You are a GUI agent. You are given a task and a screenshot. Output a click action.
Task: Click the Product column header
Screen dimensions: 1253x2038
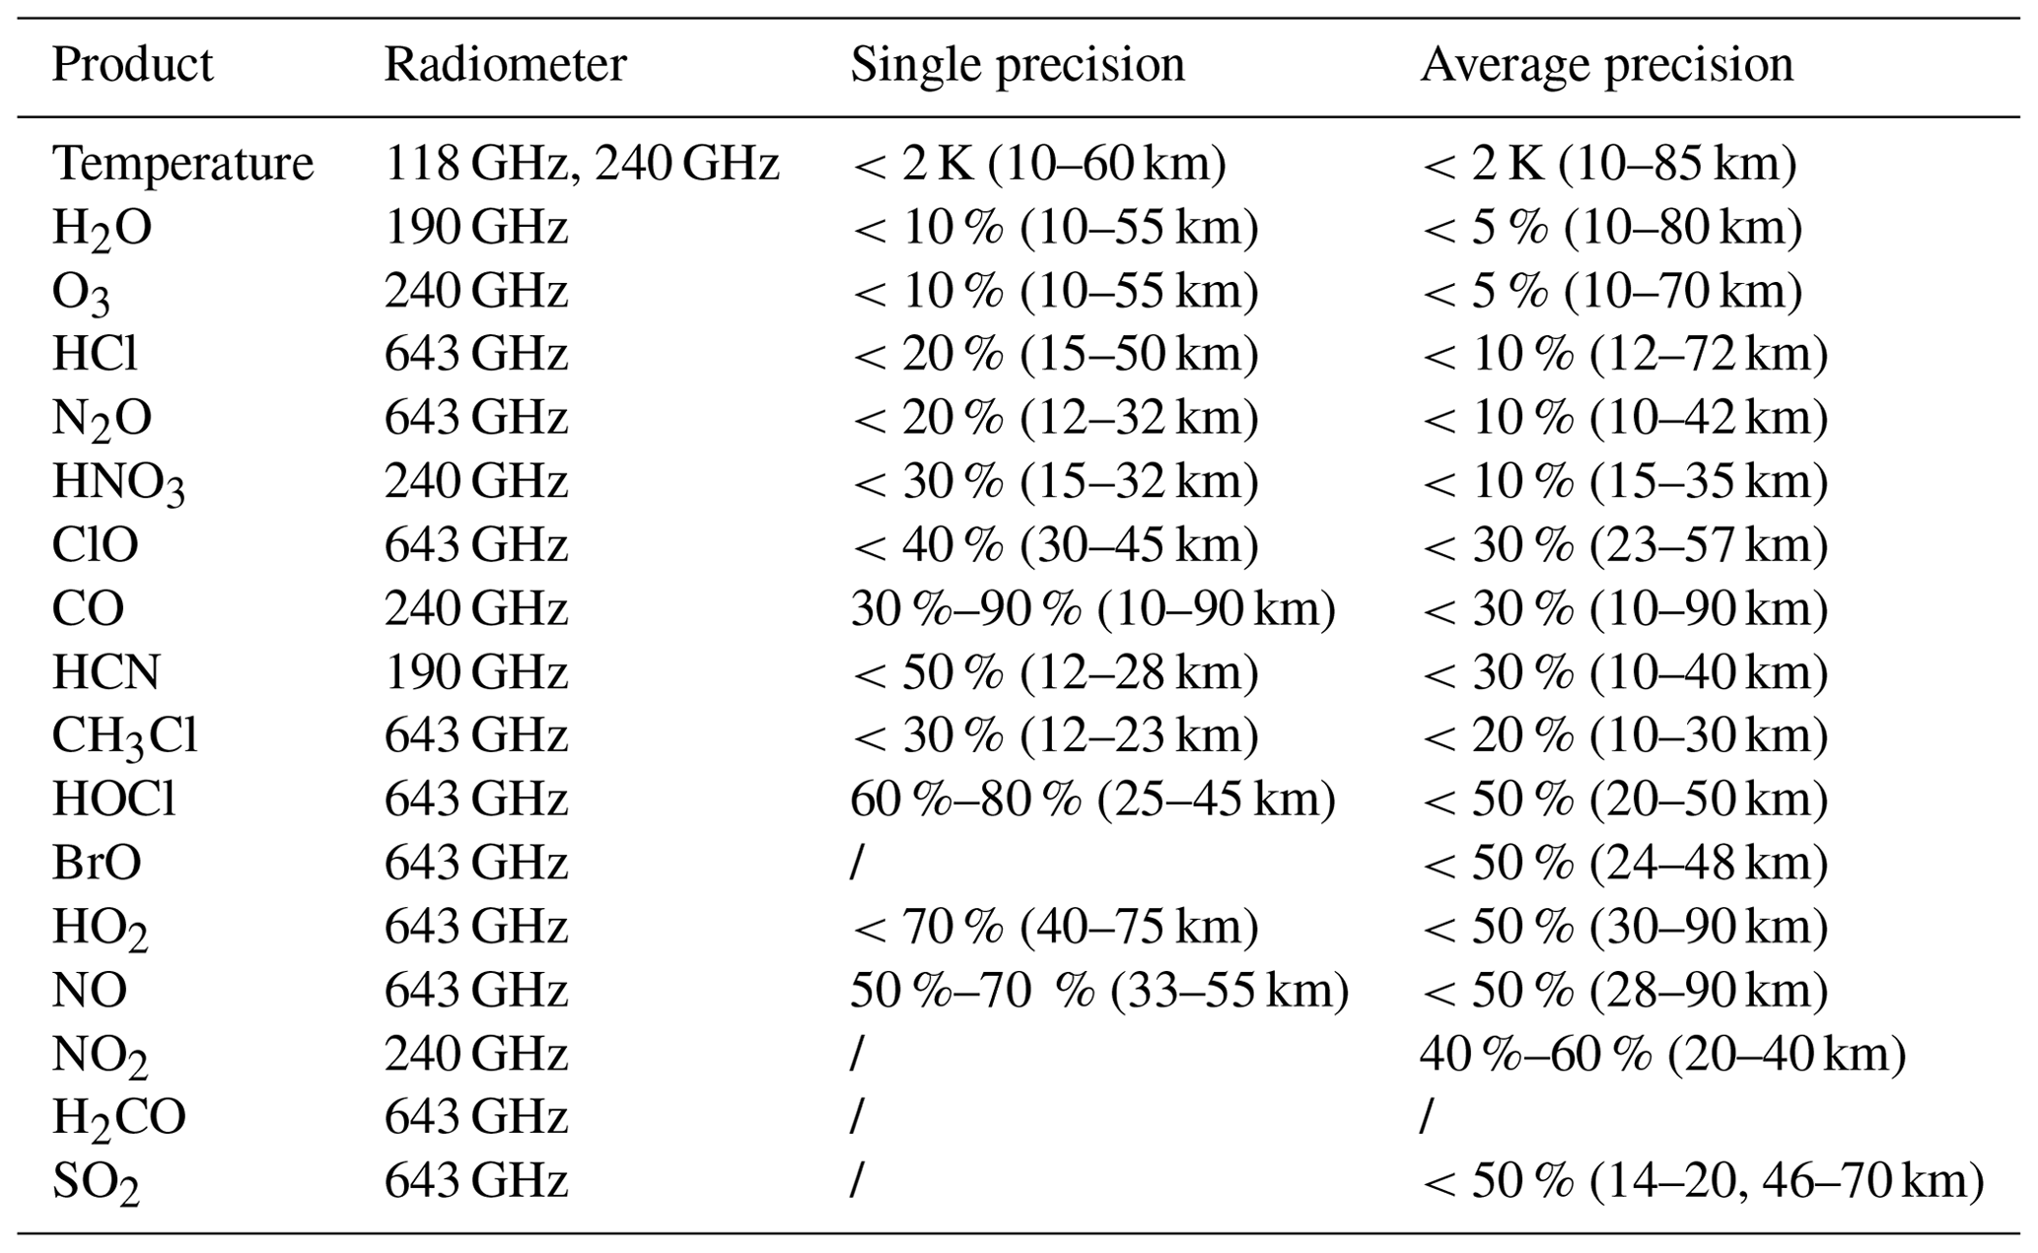(132, 65)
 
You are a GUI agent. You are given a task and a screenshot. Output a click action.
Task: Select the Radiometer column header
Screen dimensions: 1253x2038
(504, 65)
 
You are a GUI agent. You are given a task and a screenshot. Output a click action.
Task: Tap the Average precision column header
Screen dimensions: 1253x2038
(1605, 65)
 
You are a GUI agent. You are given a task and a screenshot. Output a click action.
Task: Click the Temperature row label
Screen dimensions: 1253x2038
(182, 164)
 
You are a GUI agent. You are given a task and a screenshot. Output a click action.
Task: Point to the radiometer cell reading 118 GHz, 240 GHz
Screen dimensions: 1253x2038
(582, 164)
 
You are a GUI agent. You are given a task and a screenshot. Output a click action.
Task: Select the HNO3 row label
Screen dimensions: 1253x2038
(117, 482)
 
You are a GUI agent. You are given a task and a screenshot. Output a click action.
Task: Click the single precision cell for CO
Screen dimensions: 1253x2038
(1091, 608)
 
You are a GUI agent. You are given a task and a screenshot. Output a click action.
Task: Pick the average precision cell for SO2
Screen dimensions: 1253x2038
(1701, 1180)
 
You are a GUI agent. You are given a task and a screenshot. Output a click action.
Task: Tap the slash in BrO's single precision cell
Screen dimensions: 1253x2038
(856, 863)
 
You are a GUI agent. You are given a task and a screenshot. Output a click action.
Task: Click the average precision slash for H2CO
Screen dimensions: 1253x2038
(1425, 1117)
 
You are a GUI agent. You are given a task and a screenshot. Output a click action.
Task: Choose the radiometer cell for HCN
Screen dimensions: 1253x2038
(475, 672)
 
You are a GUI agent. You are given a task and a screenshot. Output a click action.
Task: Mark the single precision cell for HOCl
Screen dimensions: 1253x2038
(1091, 800)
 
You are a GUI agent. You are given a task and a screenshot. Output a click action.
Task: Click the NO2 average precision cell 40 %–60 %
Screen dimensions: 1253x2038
(1661, 1054)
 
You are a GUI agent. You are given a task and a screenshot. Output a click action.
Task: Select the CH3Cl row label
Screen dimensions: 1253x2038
(124, 736)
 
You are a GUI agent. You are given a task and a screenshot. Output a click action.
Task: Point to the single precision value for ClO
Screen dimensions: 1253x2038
(1053, 545)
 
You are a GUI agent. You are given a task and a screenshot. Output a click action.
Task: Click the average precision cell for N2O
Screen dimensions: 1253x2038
(1623, 418)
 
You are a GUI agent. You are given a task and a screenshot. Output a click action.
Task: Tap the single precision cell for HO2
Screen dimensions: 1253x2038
(1053, 927)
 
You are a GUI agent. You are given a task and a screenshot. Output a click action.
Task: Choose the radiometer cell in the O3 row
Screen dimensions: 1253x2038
(475, 291)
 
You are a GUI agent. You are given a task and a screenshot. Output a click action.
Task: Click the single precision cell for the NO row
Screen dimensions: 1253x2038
(1098, 990)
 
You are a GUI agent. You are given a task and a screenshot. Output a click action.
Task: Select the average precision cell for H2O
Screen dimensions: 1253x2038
(1610, 228)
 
